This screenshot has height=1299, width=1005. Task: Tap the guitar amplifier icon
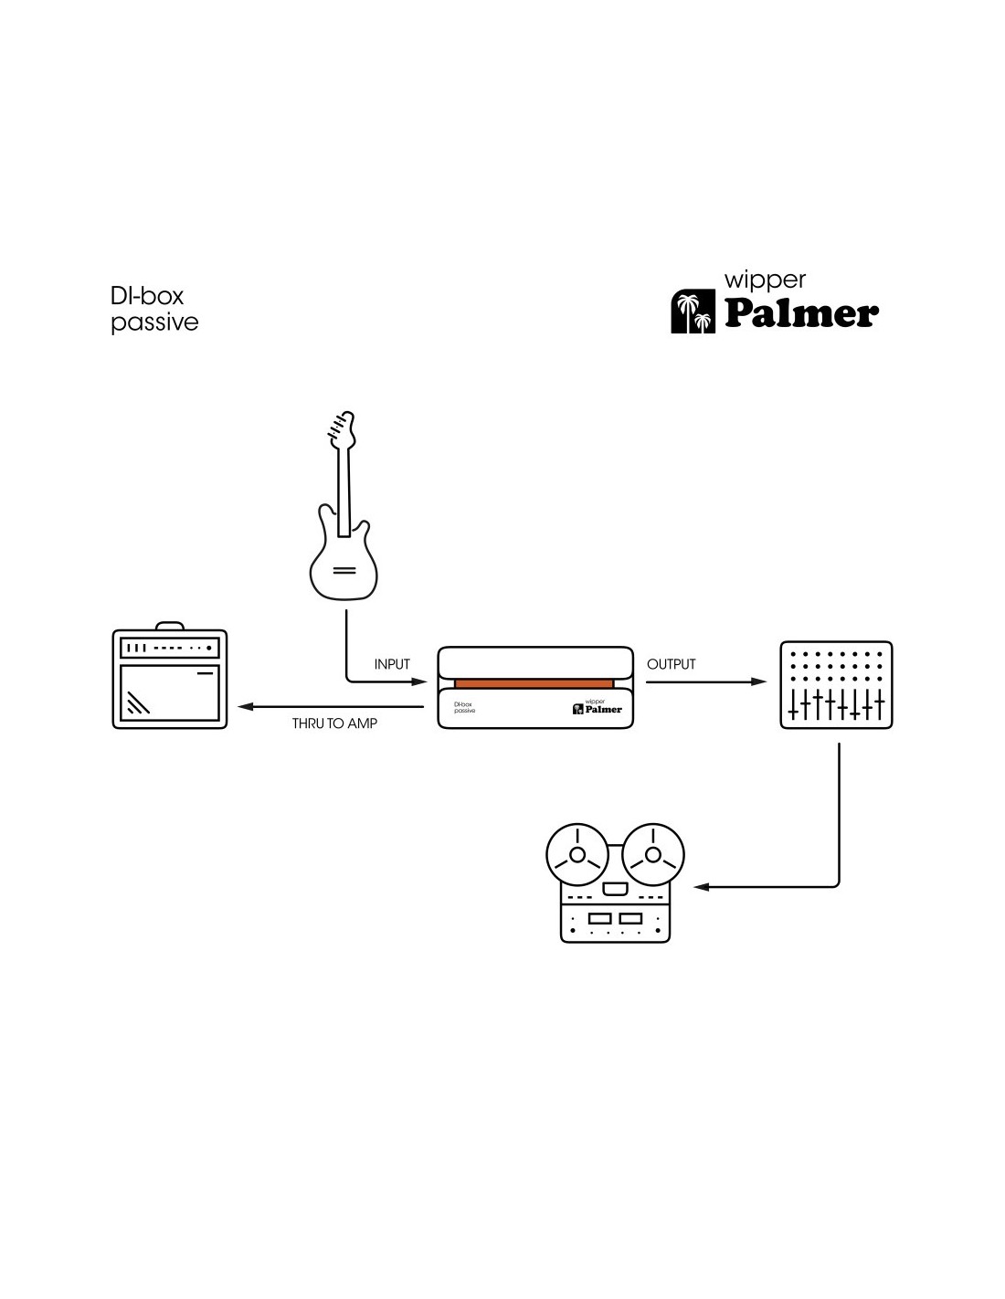[170, 679]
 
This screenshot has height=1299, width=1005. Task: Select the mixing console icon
[836, 685]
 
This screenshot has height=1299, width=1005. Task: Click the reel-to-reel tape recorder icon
[615, 884]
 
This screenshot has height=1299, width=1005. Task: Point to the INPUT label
[392, 664]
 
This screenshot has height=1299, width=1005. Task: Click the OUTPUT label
[672, 664]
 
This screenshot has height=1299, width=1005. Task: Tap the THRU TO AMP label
[334, 723]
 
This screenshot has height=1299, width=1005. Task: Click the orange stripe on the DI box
[534, 683]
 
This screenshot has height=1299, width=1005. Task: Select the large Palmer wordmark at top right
[801, 313]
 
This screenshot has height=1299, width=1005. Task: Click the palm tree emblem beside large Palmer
[693, 312]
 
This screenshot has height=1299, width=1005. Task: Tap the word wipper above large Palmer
[765, 280]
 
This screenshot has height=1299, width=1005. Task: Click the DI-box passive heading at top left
[153, 309]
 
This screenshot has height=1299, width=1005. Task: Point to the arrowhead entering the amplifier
[244, 706]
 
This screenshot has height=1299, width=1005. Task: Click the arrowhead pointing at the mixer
[759, 681]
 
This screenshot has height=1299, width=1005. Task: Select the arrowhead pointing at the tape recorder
[702, 886]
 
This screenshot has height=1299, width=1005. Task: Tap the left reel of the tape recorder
[577, 855]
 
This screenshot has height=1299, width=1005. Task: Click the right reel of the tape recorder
[652, 855]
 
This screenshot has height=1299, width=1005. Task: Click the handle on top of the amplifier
[169, 626]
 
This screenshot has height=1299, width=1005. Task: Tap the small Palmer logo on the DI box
[598, 708]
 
